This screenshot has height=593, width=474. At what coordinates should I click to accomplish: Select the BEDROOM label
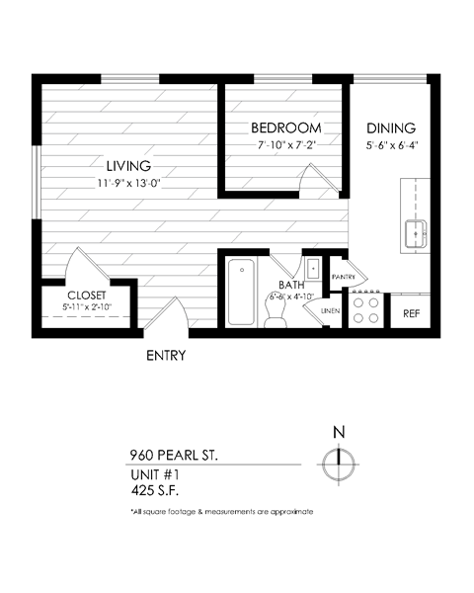pyautogui.click(x=285, y=128)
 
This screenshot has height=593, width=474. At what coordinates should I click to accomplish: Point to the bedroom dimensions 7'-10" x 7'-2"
pyautogui.click(x=285, y=145)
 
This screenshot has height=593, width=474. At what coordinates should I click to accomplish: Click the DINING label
pyautogui.click(x=391, y=128)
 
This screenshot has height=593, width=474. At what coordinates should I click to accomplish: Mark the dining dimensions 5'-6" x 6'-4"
pyautogui.click(x=391, y=145)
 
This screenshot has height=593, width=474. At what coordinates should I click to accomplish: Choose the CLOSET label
pyautogui.click(x=86, y=296)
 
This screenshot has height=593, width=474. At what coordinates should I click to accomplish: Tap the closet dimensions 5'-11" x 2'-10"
pyautogui.click(x=86, y=307)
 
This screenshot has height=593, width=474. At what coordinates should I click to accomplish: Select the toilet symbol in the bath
pyautogui.click(x=276, y=311)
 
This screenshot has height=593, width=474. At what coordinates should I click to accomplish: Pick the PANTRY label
pyautogui.click(x=344, y=277)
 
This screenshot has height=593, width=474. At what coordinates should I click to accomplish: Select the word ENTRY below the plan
pyautogui.click(x=167, y=355)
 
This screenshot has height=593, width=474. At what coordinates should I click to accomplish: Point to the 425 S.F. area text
pyautogui.click(x=155, y=488)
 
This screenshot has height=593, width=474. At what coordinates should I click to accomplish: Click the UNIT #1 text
pyautogui.click(x=156, y=473)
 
